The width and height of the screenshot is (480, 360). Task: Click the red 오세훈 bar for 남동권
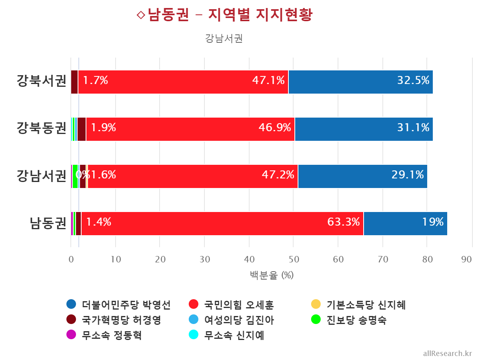click(x=222, y=224)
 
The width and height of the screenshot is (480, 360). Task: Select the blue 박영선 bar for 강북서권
click(x=360, y=82)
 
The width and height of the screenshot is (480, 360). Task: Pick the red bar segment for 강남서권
click(x=192, y=176)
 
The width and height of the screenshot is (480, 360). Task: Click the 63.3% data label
click(x=343, y=222)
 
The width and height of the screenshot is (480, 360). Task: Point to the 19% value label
click(x=433, y=222)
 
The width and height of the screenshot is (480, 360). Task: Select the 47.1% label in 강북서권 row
click(x=268, y=80)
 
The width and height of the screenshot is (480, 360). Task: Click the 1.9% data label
click(x=103, y=128)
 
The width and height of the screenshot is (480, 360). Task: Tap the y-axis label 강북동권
click(x=41, y=128)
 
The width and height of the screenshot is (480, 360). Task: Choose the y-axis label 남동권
click(x=48, y=223)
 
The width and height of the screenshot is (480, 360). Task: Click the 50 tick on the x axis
click(x=294, y=260)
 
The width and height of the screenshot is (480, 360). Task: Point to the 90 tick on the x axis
click(x=466, y=260)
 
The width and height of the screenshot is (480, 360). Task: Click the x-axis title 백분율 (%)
click(x=272, y=275)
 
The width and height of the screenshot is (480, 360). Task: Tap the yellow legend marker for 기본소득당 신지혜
click(x=316, y=304)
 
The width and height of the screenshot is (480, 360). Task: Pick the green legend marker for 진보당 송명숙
click(x=316, y=319)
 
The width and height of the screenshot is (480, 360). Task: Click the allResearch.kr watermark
click(x=447, y=353)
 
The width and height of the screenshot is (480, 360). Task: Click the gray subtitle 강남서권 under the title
click(x=224, y=38)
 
